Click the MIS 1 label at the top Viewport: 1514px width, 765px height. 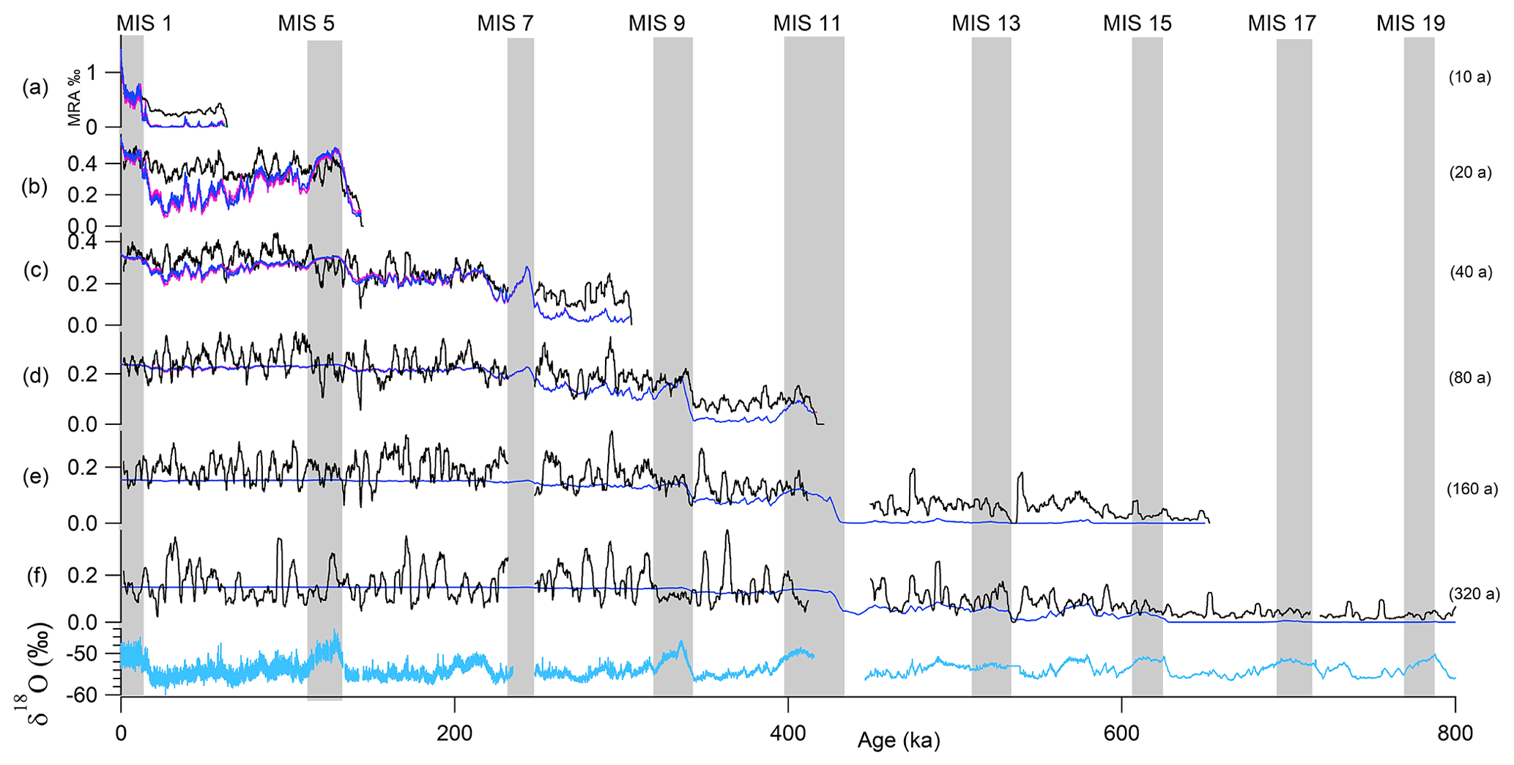[144, 23]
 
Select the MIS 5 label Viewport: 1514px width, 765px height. [306, 23]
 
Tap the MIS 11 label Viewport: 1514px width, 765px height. [806, 23]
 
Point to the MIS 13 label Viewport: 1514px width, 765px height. [986, 23]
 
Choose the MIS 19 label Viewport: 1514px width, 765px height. [1411, 23]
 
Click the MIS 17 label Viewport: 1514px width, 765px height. [1282, 23]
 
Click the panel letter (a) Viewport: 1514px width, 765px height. [35, 88]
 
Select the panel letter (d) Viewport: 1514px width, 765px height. [35, 376]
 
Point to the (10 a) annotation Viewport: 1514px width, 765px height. [1470, 77]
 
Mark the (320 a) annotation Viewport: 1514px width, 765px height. [1472, 594]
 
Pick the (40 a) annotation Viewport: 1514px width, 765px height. [1471, 272]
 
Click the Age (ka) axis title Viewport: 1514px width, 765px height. [899, 740]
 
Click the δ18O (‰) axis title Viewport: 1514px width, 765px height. [36, 670]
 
